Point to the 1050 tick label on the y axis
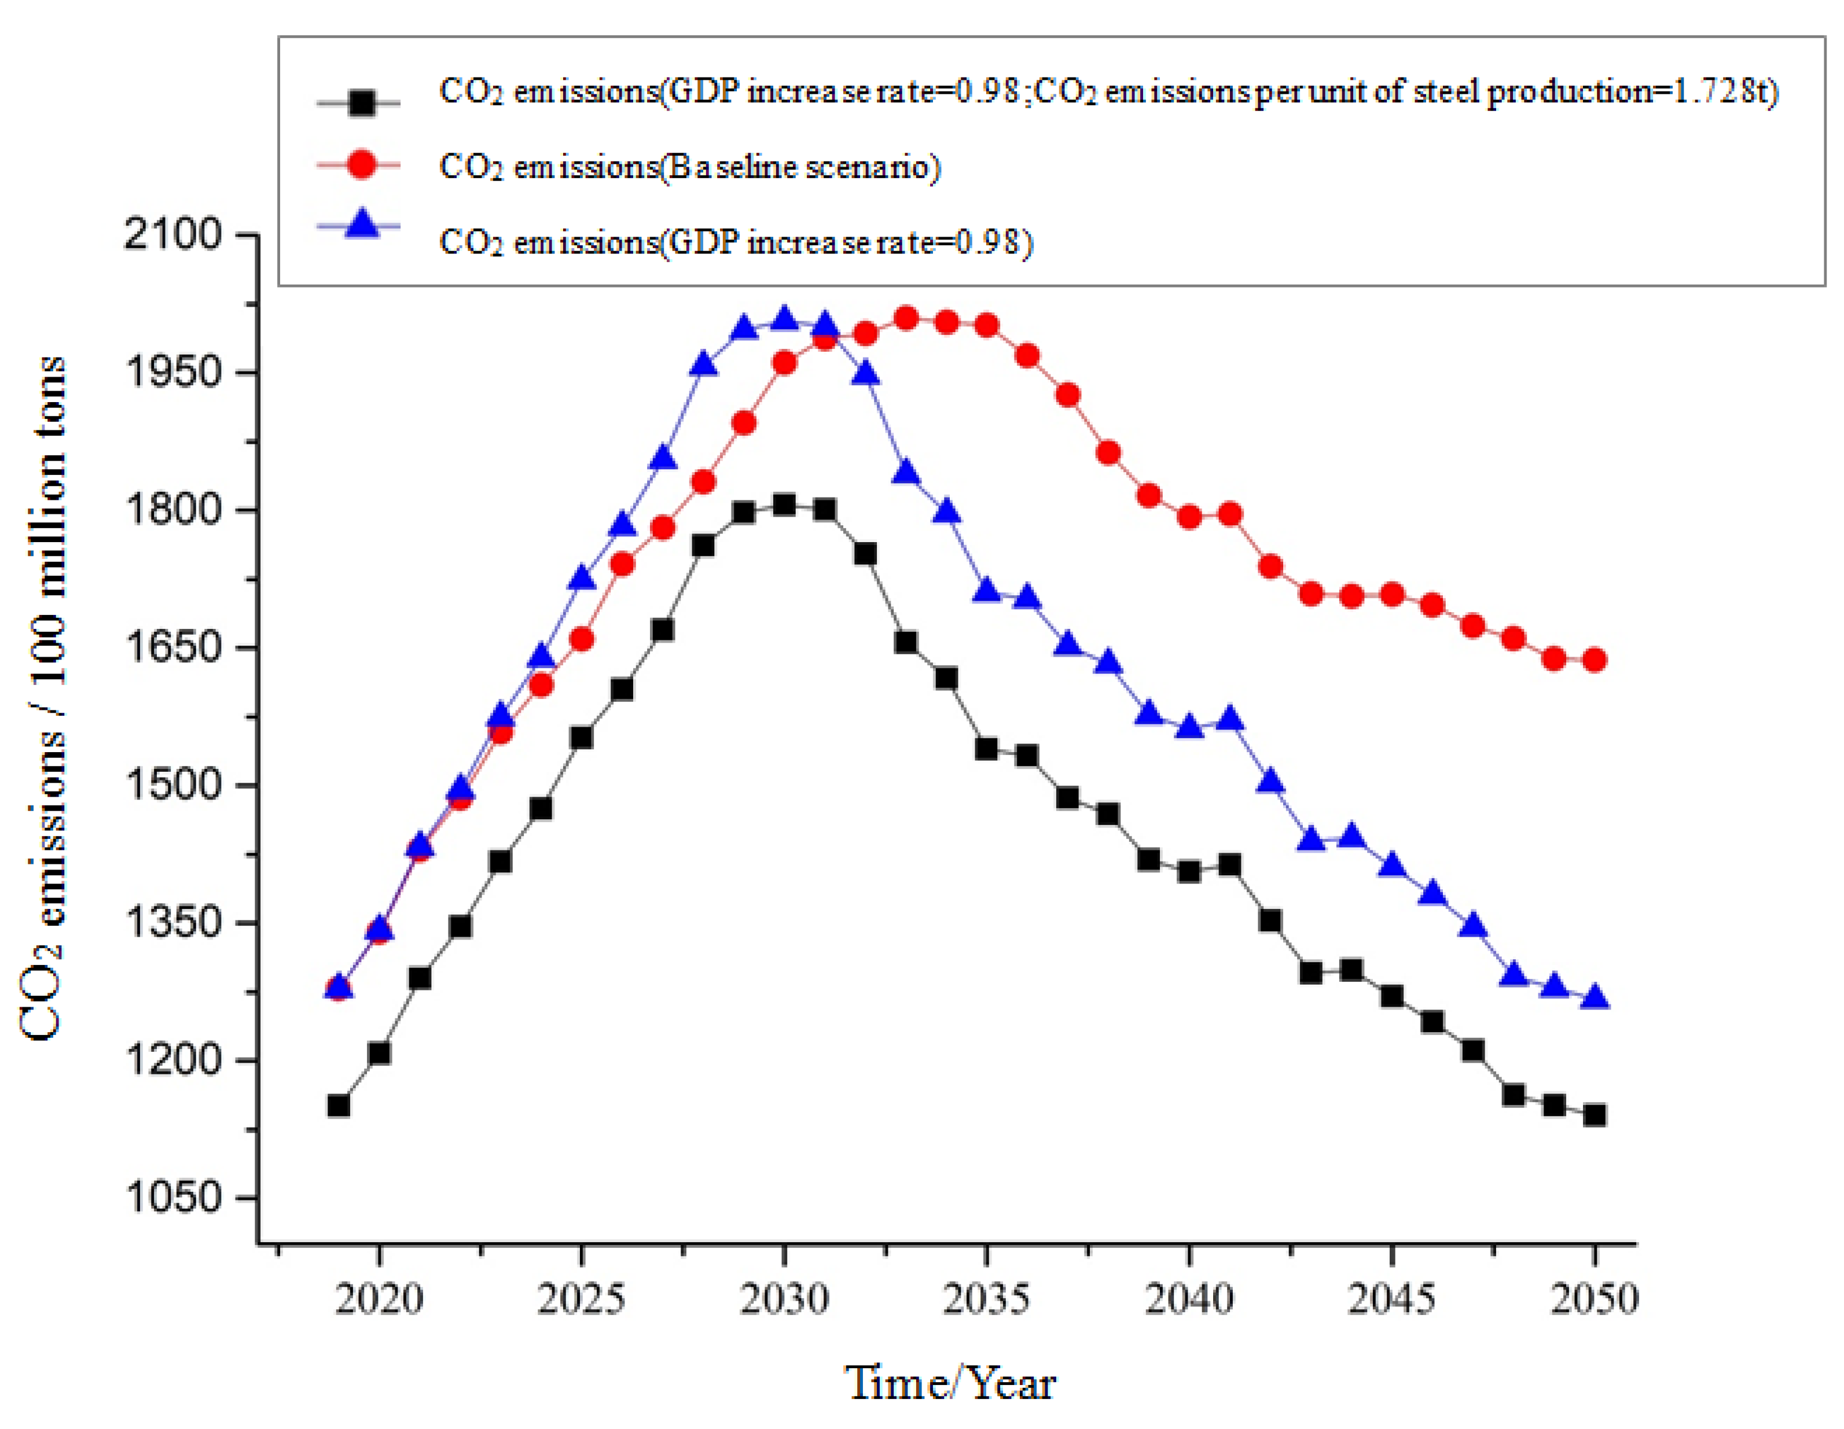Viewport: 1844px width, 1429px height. (172, 1197)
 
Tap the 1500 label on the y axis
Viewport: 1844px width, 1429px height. (172, 784)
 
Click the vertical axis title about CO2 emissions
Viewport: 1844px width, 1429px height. (42, 697)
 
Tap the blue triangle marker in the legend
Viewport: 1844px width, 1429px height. (361, 226)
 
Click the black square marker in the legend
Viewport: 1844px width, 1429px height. (361, 103)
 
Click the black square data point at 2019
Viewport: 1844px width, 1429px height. (338, 1106)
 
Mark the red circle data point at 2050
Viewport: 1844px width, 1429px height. (1594, 660)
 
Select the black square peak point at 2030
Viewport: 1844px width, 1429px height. (784, 504)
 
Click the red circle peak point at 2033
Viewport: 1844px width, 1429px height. (906, 318)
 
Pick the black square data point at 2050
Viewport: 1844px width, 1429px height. (1594, 1115)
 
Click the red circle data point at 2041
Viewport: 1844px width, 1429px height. (1229, 513)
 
